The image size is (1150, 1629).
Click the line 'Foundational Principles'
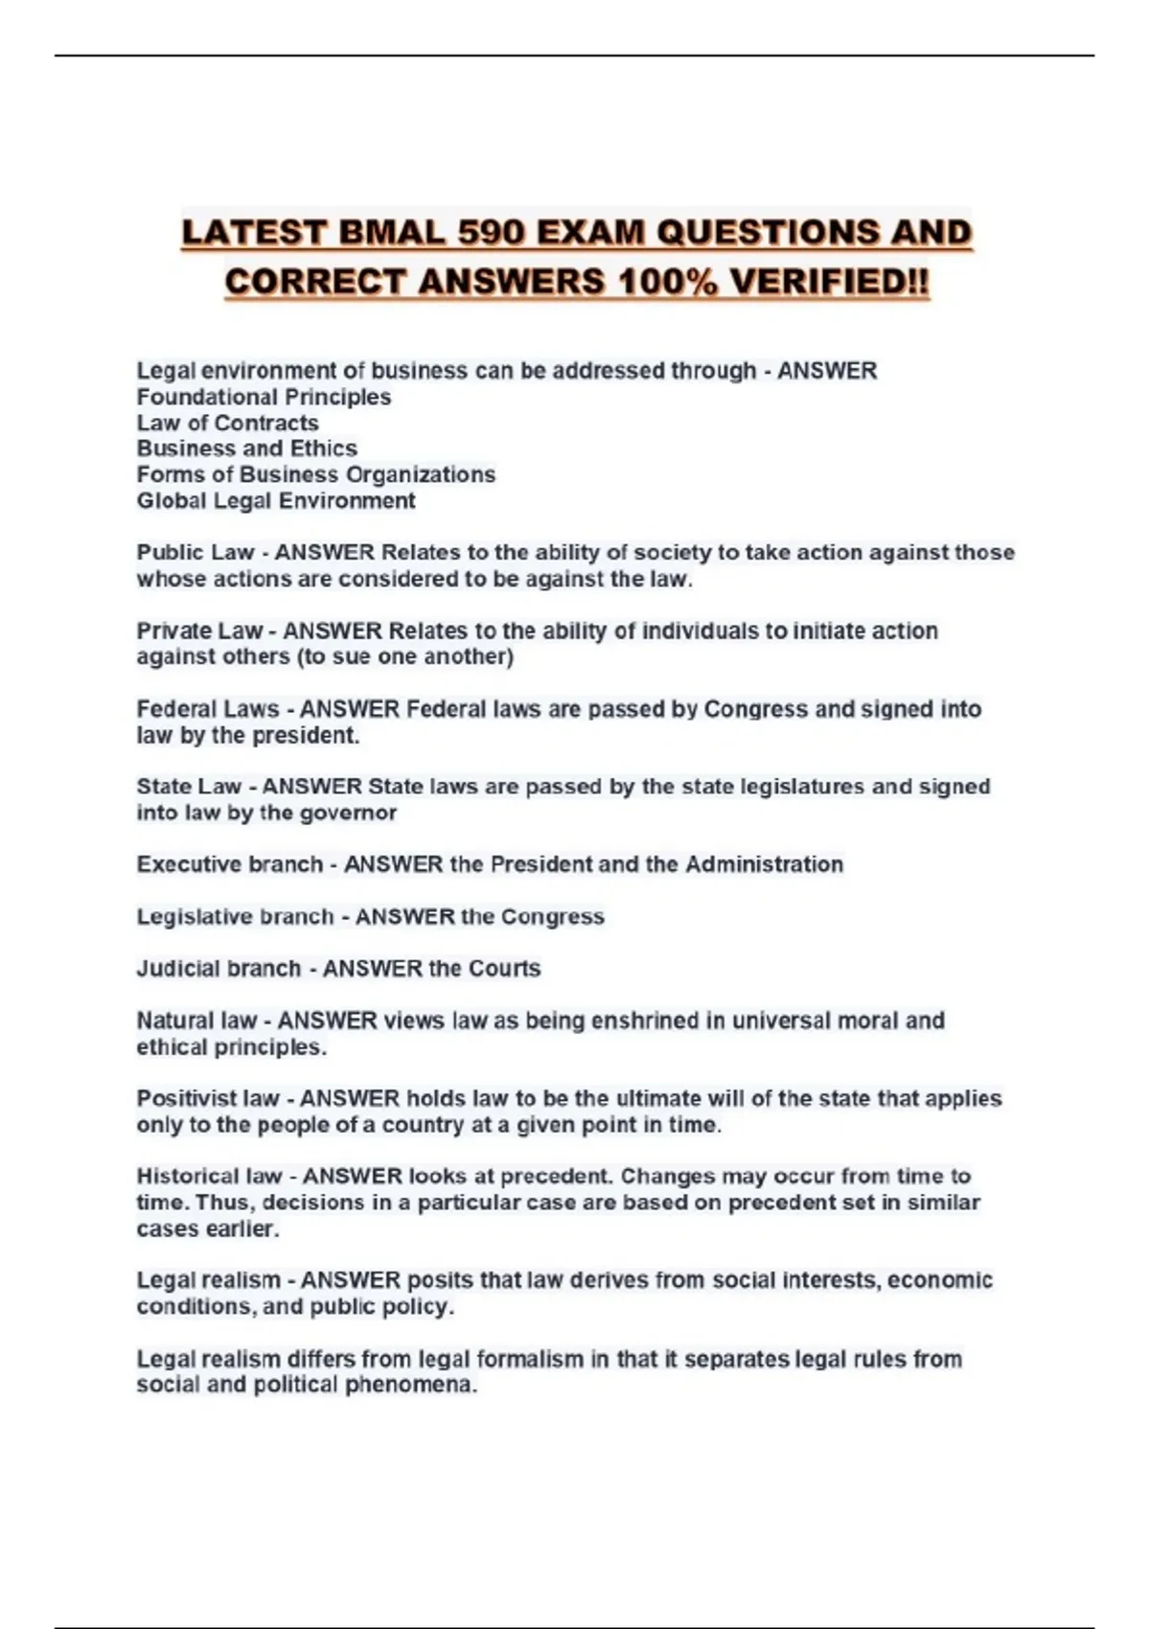pyautogui.click(x=264, y=397)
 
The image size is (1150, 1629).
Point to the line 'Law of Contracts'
pyautogui.click(x=227, y=423)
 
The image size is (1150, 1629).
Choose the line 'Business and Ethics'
pyautogui.click(x=246, y=448)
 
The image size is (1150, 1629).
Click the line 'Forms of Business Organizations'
pyautogui.click(x=315, y=474)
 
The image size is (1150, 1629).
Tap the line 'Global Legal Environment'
pyautogui.click(x=276, y=500)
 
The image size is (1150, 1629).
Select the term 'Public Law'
pyautogui.click(x=195, y=553)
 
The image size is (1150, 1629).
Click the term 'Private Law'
pyautogui.click(x=198, y=631)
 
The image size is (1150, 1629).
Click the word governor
pyautogui.click(x=348, y=813)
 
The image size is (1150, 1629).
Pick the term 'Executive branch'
pyautogui.click(x=229, y=864)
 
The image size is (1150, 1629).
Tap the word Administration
pyautogui.click(x=764, y=864)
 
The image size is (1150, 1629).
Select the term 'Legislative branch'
pyautogui.click(x=235, y=917)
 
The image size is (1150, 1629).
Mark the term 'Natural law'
pyautogui.click(x=196, y=1021)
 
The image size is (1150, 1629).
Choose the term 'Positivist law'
pyautogui.click(x=208, y=1098)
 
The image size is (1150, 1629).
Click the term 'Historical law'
pyautogui.click(x=209, y=1176)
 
